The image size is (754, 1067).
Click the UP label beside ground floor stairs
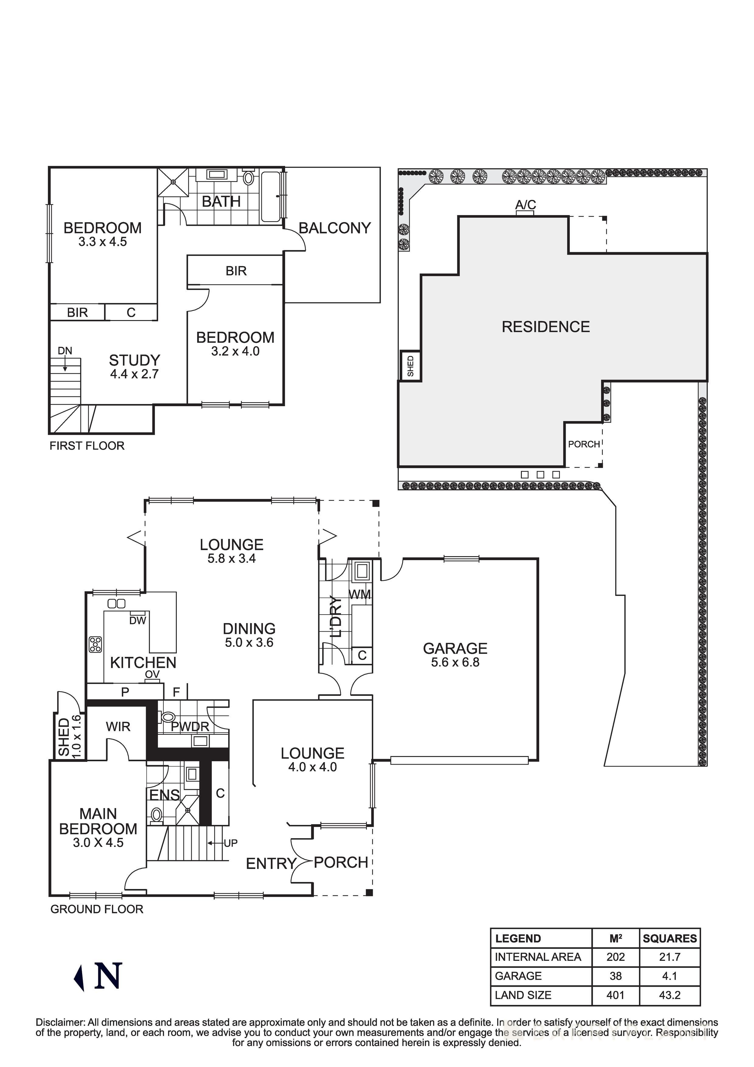coord(231,843)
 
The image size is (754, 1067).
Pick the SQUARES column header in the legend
coord(669,938)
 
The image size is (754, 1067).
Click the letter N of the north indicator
coord(108,976)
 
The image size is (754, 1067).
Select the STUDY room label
coord(134,360)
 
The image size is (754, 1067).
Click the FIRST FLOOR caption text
coord(87,446)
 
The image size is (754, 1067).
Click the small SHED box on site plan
coord(410,366)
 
